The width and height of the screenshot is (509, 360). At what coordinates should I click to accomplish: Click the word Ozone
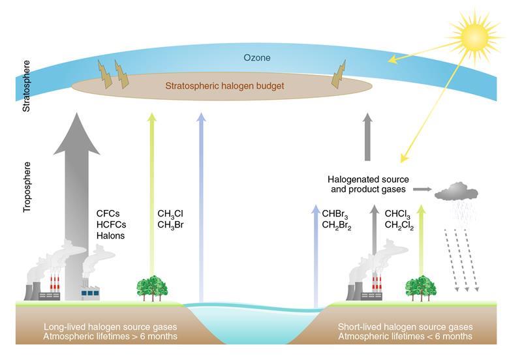(x=256, y=58)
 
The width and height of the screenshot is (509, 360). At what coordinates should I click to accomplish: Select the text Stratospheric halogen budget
(x=224, y=85)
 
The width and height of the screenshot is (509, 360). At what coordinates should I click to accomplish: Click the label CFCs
(x=108, y=213)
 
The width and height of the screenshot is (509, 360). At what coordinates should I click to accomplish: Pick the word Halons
(x=110, y=235)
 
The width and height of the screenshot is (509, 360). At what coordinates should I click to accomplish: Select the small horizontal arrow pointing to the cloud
(x=422, y=189)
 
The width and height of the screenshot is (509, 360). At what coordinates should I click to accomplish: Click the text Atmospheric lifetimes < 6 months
(x=405, y=337)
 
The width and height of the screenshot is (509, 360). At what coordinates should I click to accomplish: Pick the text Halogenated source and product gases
(x=367, y=184)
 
